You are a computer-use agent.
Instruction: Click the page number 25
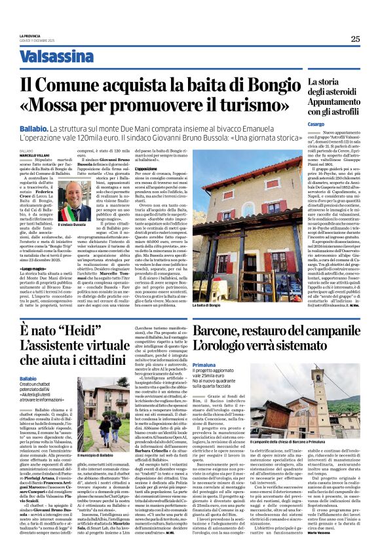[x=355, y=39]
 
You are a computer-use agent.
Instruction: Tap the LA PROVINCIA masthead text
[x=30, y=36]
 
